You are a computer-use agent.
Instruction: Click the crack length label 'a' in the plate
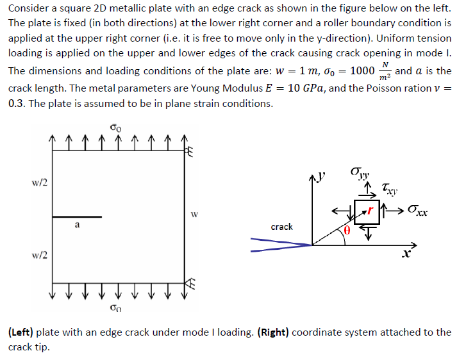click(x=77, y=225)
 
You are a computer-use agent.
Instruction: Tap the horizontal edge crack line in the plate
click(x=77, y=217)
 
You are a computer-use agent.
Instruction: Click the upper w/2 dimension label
click(x=38, y=183)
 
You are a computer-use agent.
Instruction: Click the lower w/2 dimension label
click(x=38, y=256)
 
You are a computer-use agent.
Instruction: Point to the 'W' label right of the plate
click(x=196, y=215)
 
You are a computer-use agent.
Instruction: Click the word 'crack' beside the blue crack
click(x=282, y=227)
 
